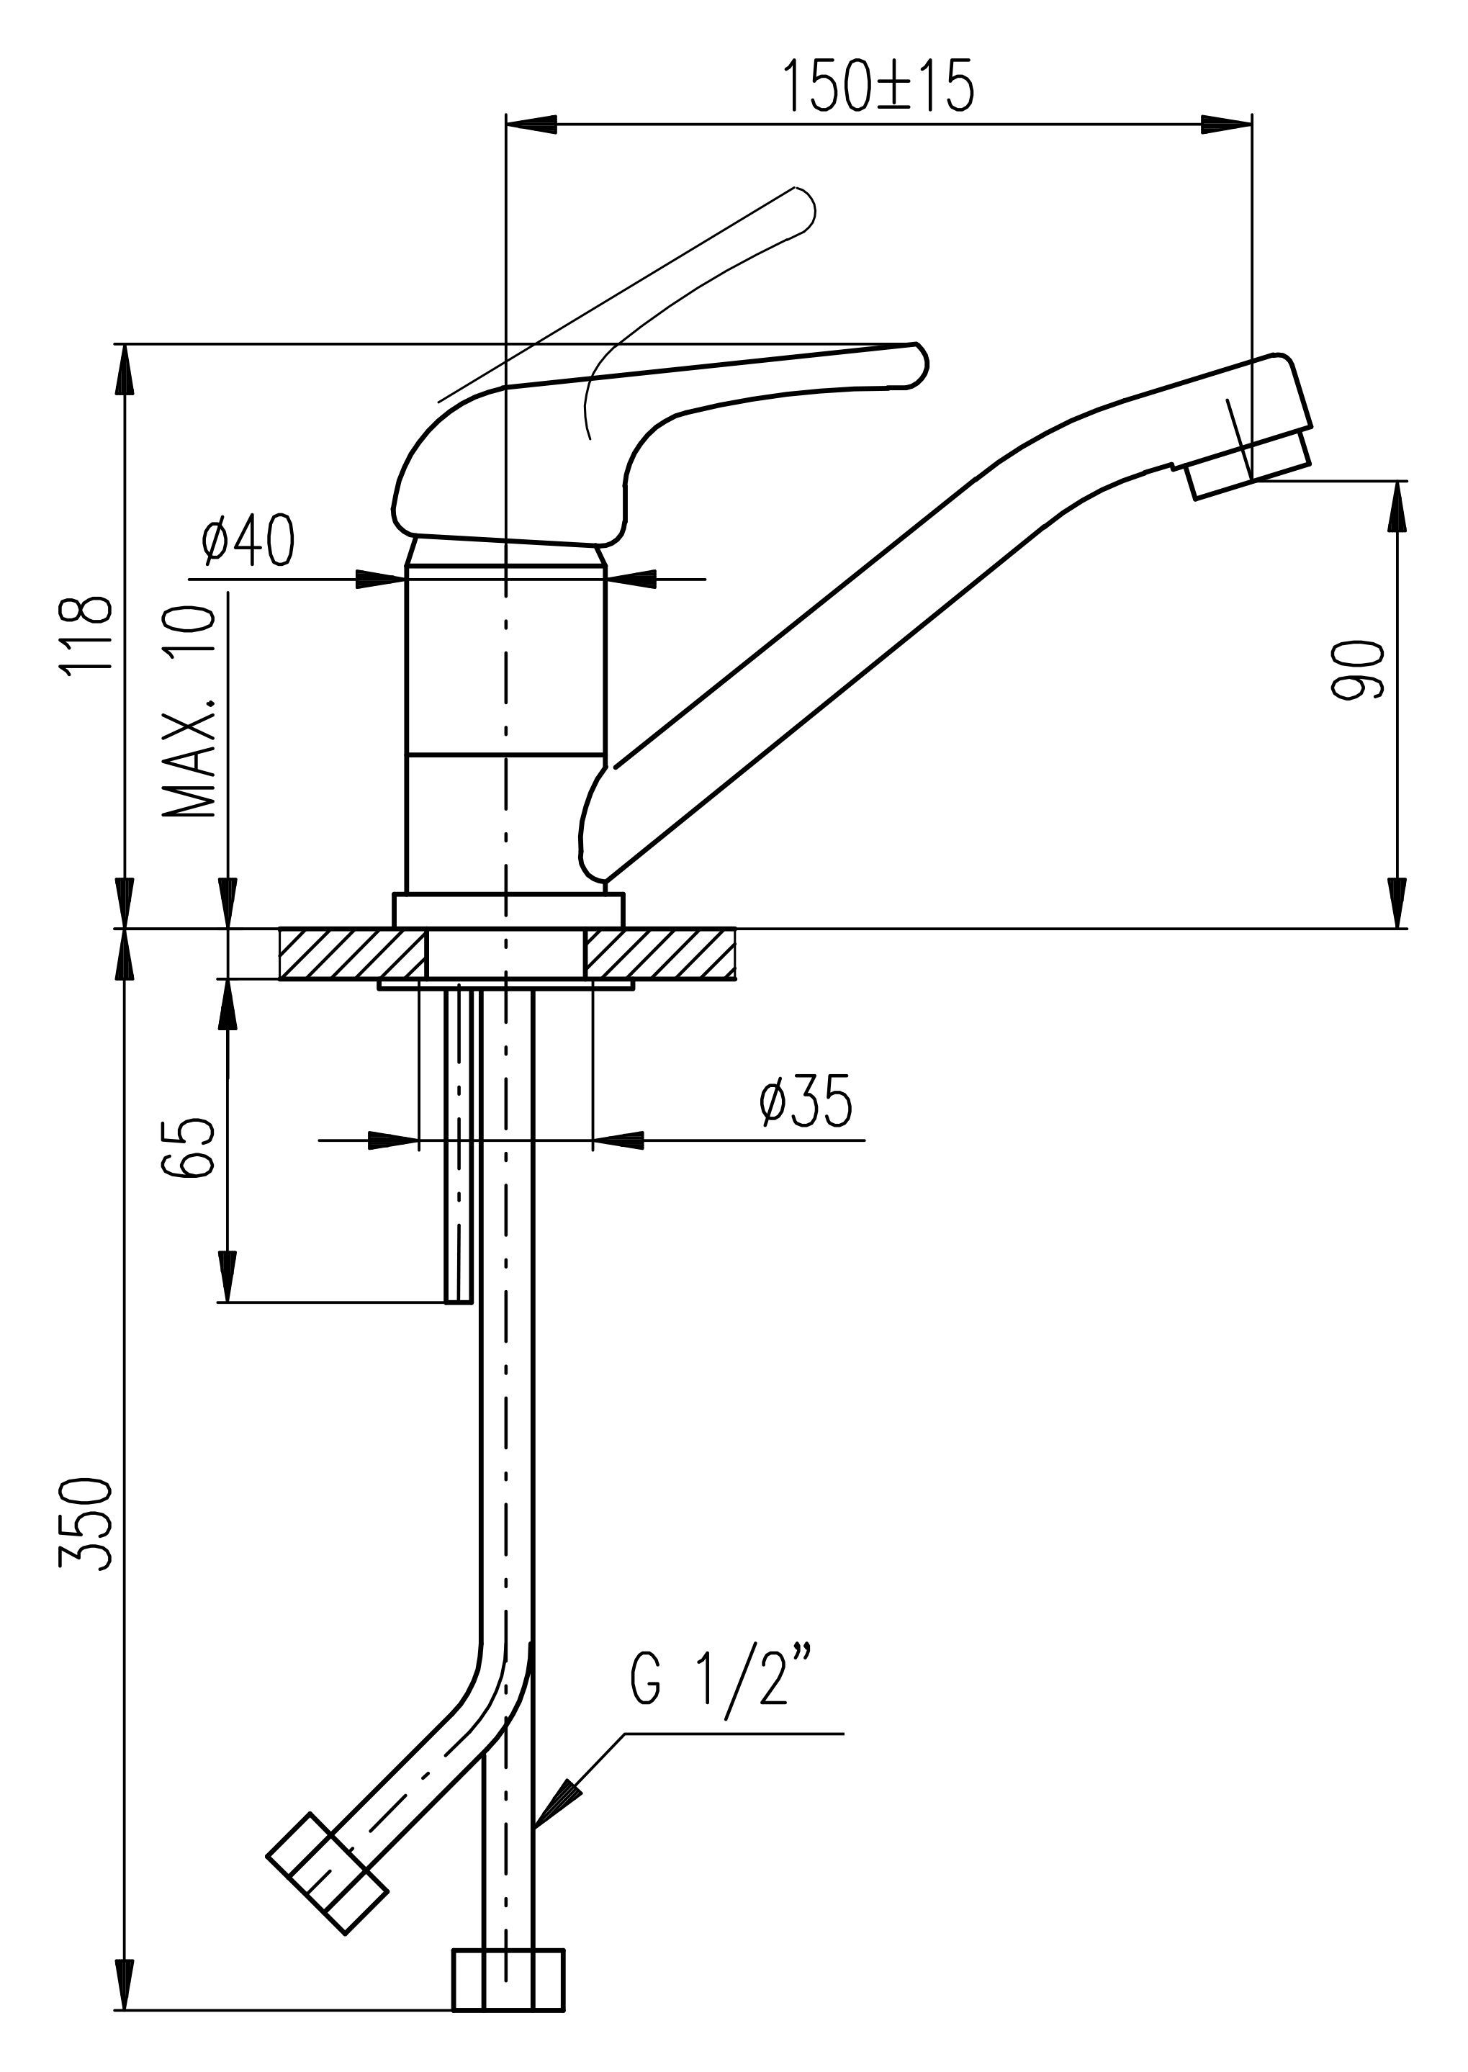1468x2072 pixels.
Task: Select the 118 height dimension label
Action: tap(88, 632)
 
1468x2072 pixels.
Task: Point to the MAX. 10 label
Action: tap(191, 711)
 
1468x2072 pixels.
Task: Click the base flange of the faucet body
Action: tap(508, 909)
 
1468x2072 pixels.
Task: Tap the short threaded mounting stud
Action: tap(459, 1143)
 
